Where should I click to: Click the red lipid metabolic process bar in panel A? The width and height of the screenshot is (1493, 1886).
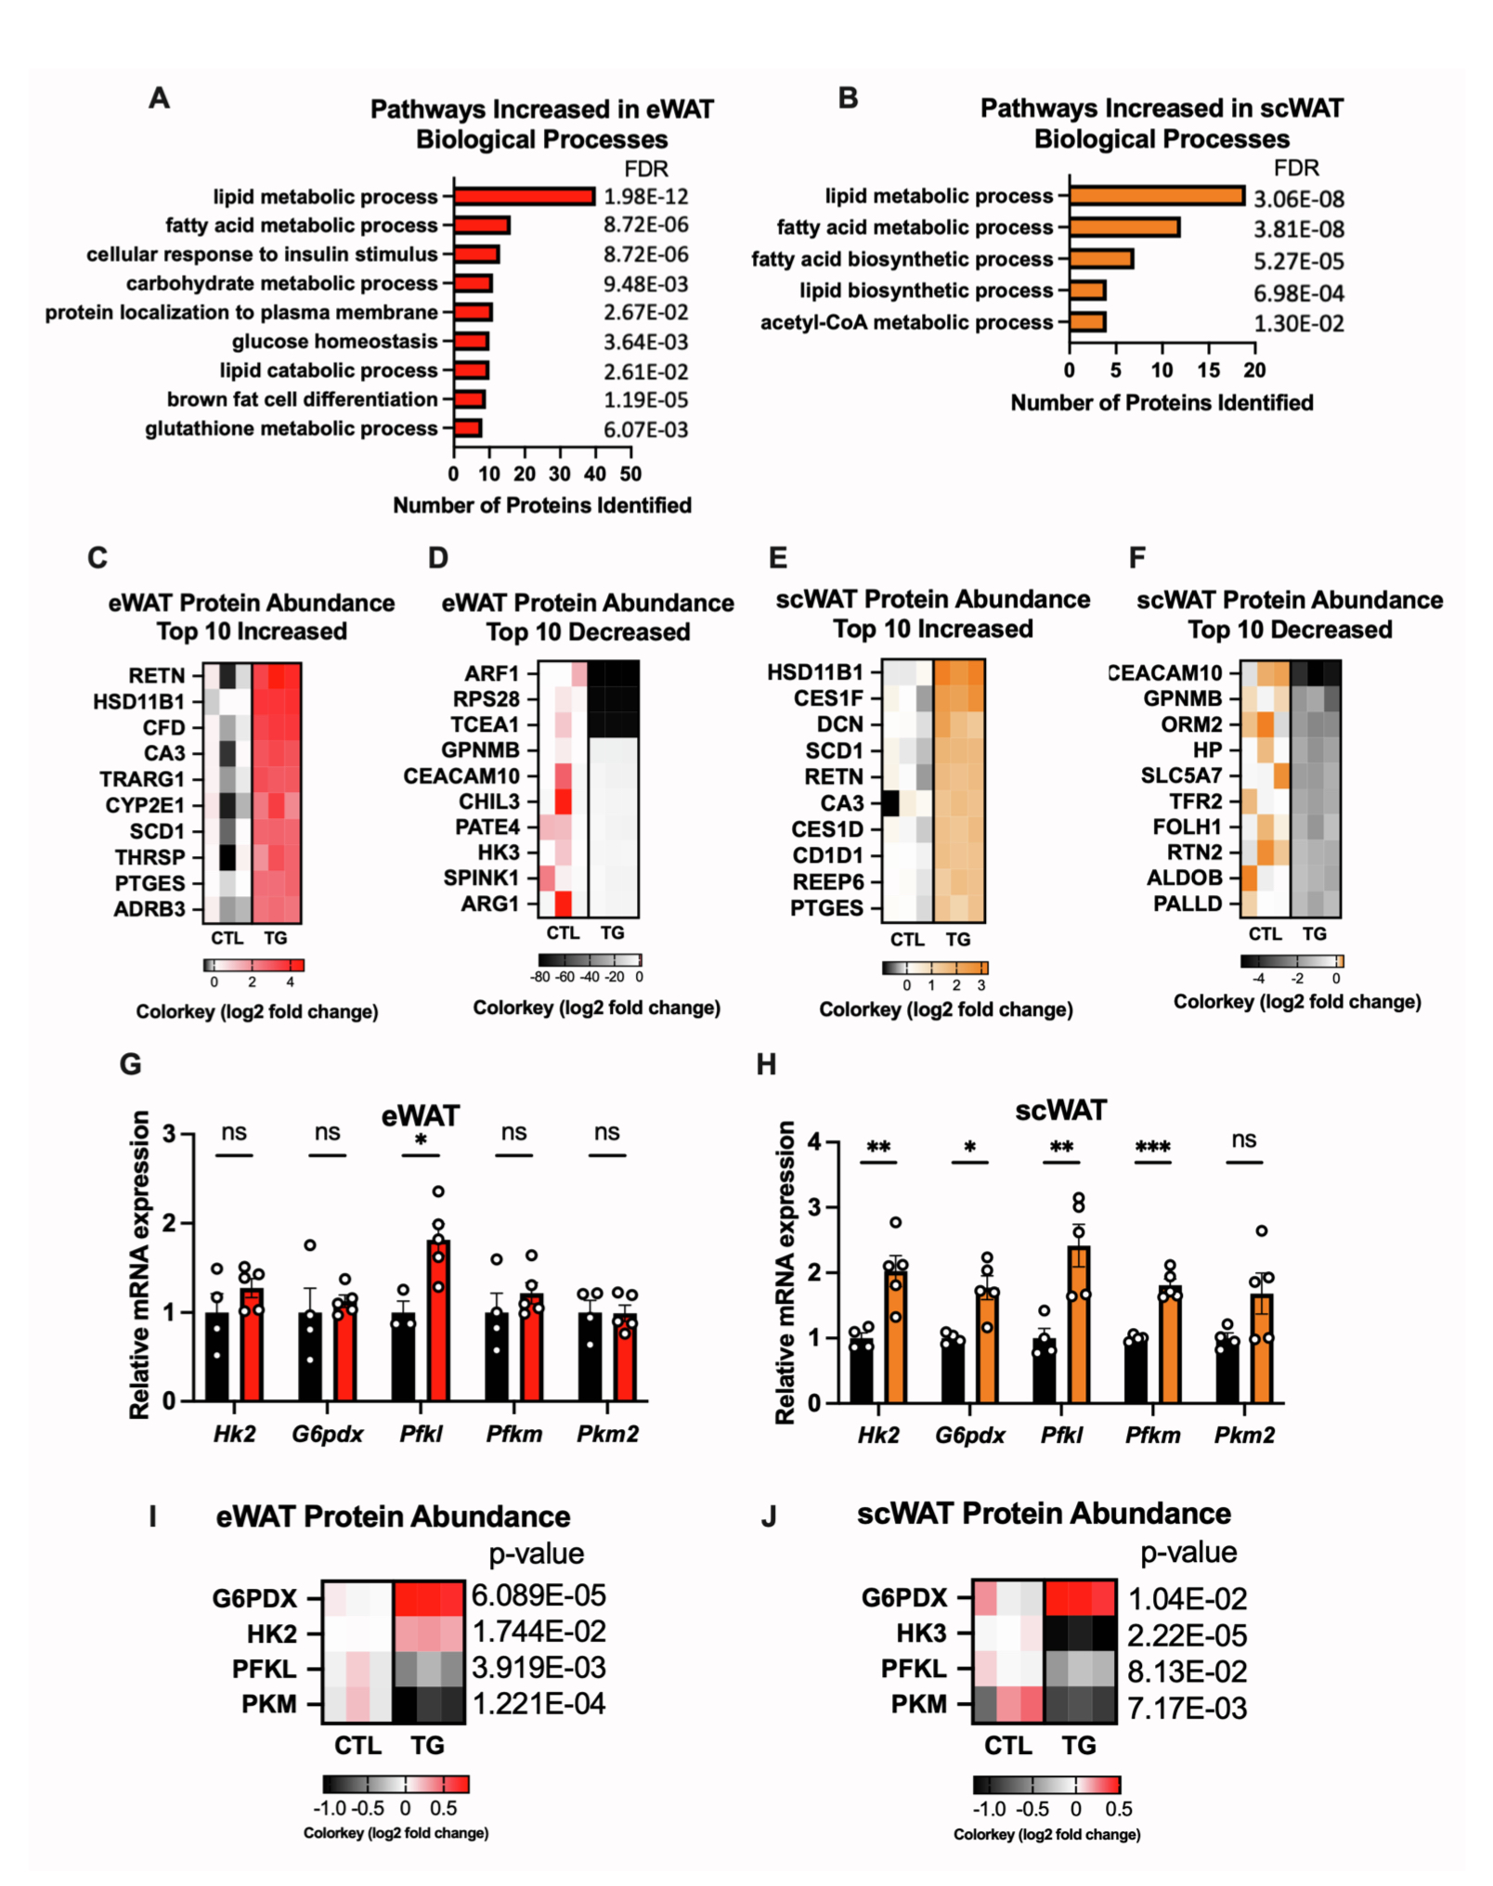coord(524,197)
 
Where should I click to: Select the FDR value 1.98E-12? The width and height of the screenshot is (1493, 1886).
coord(645,197)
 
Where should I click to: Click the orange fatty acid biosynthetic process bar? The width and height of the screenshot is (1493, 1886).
coord(1101,259)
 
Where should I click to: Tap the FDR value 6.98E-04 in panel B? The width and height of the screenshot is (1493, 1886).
coord(1298,293)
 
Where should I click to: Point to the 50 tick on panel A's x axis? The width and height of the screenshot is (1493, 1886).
coord(630,475)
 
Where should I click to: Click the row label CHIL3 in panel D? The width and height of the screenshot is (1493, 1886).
coord(488,801)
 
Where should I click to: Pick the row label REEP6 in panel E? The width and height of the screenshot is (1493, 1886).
coord(827,881)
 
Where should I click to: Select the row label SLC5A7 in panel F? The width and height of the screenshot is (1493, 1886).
coord(1181,775)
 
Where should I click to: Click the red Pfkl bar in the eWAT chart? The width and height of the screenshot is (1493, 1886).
coord(438,1320)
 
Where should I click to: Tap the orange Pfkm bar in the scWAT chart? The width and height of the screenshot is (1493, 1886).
coord(1169,1344)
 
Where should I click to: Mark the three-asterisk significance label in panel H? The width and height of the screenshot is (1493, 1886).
coord(1152,1148)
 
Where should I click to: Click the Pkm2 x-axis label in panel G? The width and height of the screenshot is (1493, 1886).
coord(607,1434)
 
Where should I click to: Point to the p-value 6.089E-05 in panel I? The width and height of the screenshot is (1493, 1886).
coord(539,1595)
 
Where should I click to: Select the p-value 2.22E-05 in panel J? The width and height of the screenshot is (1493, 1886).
coord(1187,1635)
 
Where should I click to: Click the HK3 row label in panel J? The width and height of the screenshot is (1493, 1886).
coord(921,1633)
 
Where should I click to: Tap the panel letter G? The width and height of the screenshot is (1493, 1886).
coord(131,1064)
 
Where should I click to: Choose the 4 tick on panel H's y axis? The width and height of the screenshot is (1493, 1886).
coord(814,1141)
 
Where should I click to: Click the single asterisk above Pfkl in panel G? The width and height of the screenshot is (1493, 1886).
coord(421,1141)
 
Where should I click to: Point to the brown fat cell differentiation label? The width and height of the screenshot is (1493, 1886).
coord(302,399)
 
